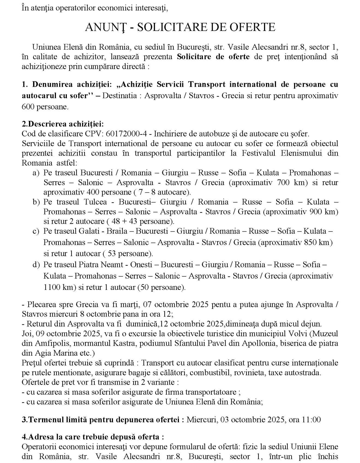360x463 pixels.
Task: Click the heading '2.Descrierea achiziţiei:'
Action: pyautogui.click(x=63, y=124)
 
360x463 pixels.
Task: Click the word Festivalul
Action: pyautogui.click(x=258, y=153)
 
